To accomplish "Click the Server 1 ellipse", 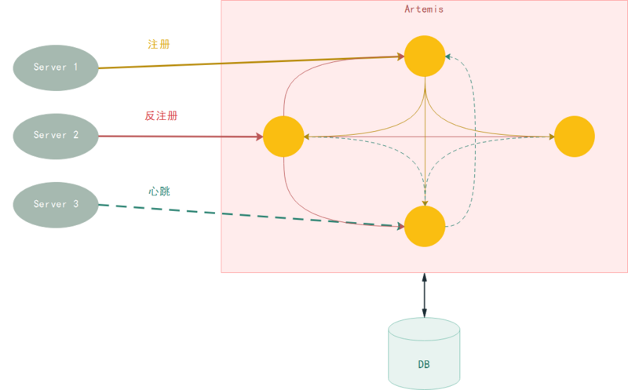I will point(55,67).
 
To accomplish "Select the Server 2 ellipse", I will point(55,136).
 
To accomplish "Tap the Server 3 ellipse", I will point(55,204).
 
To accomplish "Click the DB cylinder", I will point(424,353).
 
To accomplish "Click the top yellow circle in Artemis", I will point(425,56).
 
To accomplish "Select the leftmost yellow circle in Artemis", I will point(283,137).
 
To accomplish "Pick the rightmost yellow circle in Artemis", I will point(575,137).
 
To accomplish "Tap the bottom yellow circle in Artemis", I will point(425,227).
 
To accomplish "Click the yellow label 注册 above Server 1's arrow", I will point(159,44).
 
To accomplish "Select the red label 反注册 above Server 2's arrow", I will point(162,116).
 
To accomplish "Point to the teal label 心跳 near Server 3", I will point(159,191).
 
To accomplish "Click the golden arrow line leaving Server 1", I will point(235,62).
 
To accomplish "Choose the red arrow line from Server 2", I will point(181,137).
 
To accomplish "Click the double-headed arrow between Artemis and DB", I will point(425,294).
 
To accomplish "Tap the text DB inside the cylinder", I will point(424,366).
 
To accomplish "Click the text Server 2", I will point(55,136).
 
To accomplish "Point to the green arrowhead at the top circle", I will point(447,56).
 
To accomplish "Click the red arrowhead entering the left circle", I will point(258,137).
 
